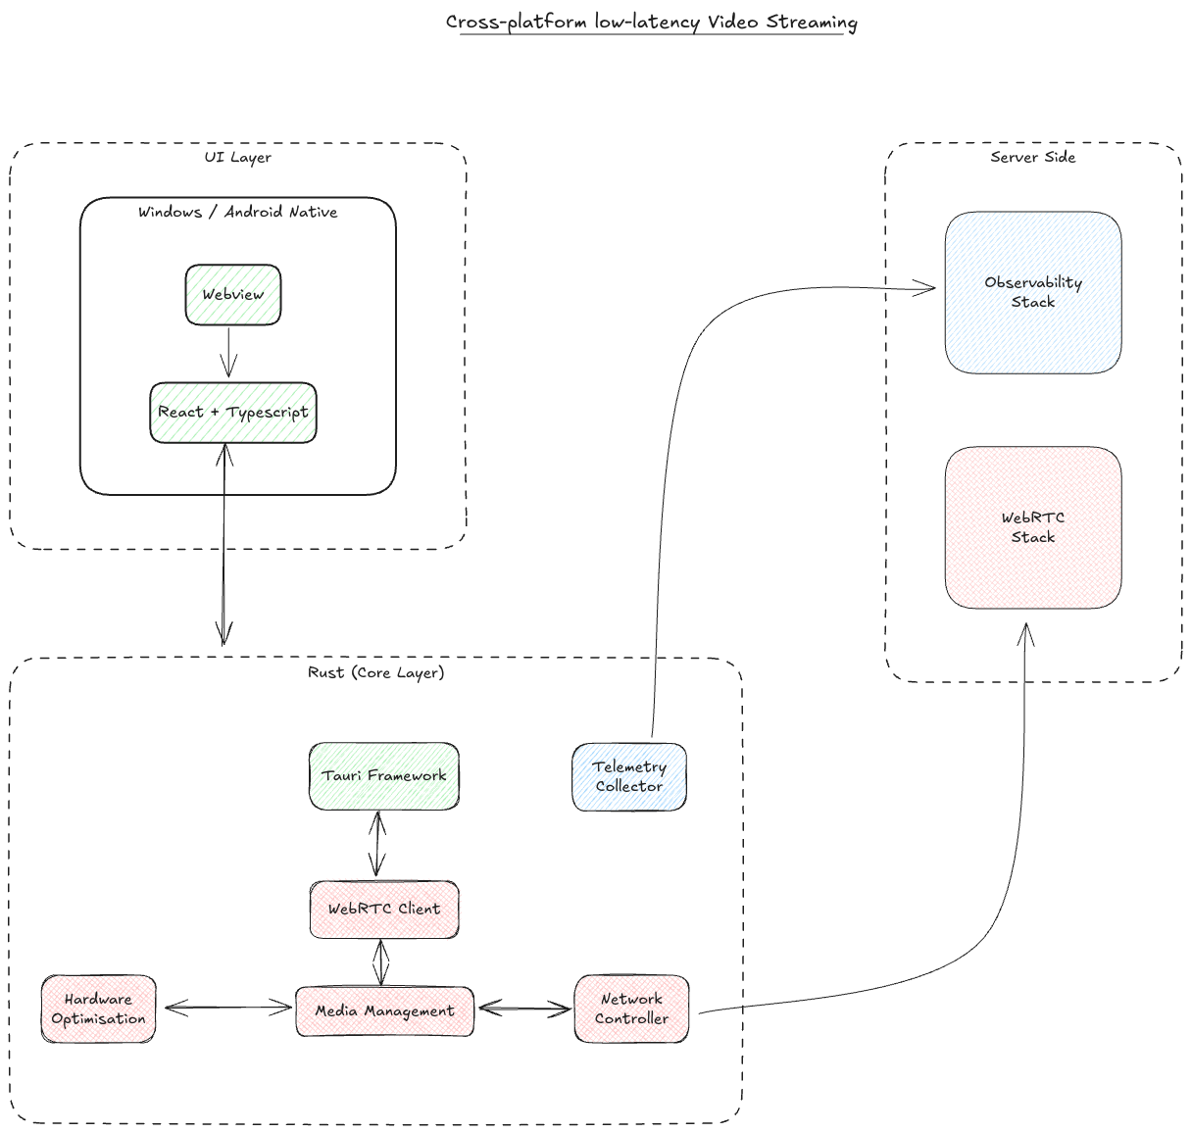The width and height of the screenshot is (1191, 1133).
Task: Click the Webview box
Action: pos(233,294)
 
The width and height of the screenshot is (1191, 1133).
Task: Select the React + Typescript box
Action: pos(233,413)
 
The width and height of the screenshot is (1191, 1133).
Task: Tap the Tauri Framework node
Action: pos(383,775)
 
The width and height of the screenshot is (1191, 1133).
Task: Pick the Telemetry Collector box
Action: pos(629,776)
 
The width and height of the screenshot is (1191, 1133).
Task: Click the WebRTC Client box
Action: pos(383,909)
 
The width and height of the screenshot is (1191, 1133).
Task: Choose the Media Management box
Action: pos(384,1010)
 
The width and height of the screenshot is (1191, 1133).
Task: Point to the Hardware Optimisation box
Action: pos(98,1009)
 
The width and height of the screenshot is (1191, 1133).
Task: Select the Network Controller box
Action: pos(631,1009)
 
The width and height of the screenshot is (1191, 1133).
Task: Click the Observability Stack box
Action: pos(1033,292)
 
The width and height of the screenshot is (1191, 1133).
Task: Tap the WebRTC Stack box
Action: pos(1033,527)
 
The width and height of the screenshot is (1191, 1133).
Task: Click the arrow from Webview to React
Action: pos(228,353)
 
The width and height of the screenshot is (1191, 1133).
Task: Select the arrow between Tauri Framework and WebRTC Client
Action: pos(377,844)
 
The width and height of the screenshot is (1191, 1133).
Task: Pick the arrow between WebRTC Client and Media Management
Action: pos(380,961)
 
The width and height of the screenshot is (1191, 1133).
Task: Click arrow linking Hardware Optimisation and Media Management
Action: pos(227,1008)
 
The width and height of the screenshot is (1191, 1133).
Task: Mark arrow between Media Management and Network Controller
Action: pos(524,1009)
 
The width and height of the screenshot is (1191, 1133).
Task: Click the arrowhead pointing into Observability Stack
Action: pos(926,287)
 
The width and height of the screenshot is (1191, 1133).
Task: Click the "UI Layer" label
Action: pos(237,157)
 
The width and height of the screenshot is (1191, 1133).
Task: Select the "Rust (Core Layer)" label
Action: pos(375,672)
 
